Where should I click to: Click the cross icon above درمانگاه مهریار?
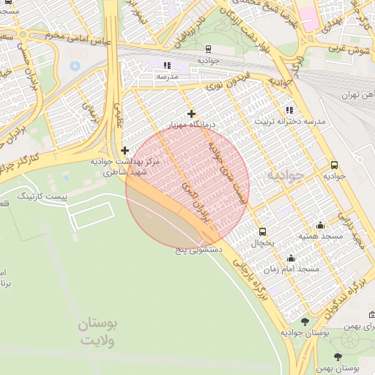click(192, 114)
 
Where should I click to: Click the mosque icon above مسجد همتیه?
click(320, 225)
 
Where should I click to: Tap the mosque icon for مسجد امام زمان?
click(292, 258)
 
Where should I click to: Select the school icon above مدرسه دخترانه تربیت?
click(289, 109)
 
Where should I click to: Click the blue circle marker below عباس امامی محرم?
click(75, 66)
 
